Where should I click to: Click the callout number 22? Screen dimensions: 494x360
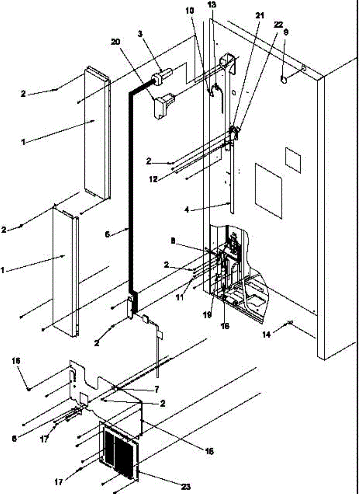[278, 24]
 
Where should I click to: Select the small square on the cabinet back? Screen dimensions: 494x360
[293, 158]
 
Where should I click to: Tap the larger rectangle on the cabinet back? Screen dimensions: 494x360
[268, 191]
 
